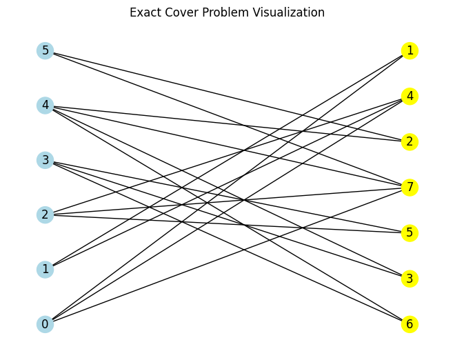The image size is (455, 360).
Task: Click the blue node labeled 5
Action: pos(45,50)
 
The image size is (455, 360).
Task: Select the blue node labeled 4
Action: pos(45,106)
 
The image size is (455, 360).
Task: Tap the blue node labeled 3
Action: pos(45,160)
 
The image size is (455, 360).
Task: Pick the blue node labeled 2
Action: pos(45,214)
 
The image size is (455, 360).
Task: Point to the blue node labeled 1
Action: pos(45,269)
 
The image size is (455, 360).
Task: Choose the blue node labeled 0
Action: pos(45,324)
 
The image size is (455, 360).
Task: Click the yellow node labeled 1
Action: pos(410,50)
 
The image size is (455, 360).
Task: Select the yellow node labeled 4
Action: pos(410,96)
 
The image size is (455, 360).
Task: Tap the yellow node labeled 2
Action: pos(410,141)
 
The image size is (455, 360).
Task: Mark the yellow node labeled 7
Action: pos(410,187)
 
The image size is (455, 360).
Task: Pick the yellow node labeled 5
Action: pos(410,232)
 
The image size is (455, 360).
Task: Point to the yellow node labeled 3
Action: pos(410,279)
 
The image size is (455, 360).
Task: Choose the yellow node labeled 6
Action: pos(410,324)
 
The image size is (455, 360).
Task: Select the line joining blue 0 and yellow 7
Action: pos(228,255)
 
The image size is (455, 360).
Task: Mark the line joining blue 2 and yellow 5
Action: pos(228,223)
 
